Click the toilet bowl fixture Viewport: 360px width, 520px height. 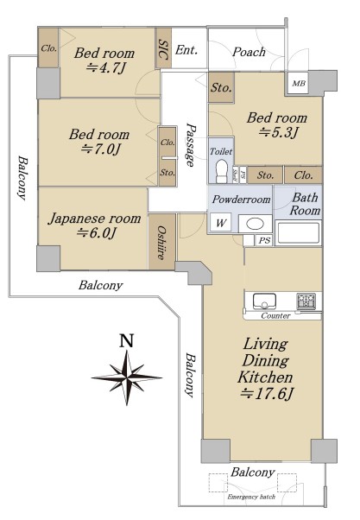click(221, 170)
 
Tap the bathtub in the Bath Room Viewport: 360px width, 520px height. click(298, 233)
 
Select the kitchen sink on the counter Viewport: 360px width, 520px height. click(264, 301)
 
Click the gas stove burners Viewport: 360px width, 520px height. click(306, 301)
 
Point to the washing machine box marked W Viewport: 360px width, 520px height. click(221, 223)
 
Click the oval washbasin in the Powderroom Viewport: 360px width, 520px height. click(255, 225)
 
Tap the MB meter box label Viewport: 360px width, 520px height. click(299, 83)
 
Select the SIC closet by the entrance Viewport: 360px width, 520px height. click(163, 48)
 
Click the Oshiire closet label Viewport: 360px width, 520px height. click(161, 243)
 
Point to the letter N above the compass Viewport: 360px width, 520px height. click(127, 340)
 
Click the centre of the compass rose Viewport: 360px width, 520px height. click(127, 377)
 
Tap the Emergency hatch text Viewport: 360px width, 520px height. click(251, 497)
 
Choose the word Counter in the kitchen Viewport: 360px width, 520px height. click(275, 316)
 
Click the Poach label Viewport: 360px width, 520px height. click(249, 52)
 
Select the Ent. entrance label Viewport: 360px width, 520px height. click(186, 50)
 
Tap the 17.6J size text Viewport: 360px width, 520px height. click(267, 394)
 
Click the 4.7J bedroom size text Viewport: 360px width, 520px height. click(106, 68)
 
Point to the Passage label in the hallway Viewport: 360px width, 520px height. click(190, 145)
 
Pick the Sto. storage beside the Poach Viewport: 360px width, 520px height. click(221, 87)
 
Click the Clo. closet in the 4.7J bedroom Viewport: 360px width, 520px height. click(48, 48)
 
